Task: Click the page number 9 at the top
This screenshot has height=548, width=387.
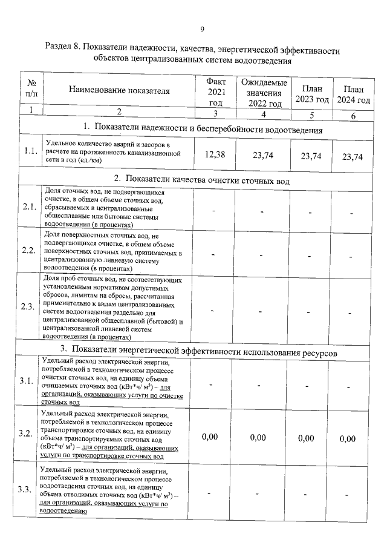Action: pos(203,28)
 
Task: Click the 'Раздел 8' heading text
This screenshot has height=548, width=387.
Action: pos(193,54)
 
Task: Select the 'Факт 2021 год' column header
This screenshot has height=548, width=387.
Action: pos(216,91)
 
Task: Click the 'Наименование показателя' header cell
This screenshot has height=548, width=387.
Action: pos(119,91)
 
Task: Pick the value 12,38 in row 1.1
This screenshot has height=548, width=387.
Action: pos(215,155)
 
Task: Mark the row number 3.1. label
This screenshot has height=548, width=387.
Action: pos(27,381)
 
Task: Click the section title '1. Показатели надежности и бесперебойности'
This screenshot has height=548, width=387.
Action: pos(203,130)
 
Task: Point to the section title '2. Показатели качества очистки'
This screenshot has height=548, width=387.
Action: pos(203,180)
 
